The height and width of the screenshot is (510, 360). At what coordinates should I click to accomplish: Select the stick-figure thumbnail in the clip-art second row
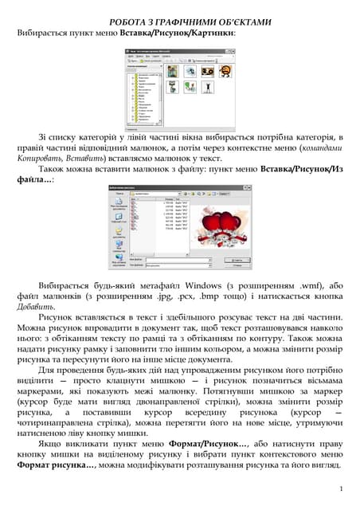(209, 87)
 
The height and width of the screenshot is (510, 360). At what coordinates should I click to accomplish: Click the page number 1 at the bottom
(340, 488)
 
